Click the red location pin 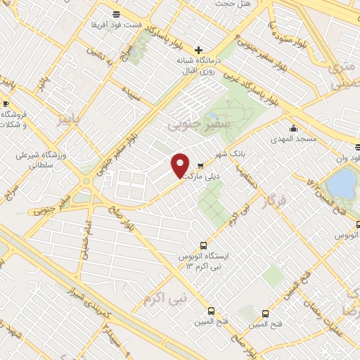(x=180, y=165)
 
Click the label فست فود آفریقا (x=117, y=25)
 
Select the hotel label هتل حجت (x=233, y=5)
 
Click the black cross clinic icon (x=199, y=50)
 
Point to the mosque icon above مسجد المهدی (x=293, y=129)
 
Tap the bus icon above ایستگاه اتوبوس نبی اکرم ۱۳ (x=203, y=245)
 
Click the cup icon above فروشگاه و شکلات (x=6, y=104)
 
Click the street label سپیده (x=131, y=94)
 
